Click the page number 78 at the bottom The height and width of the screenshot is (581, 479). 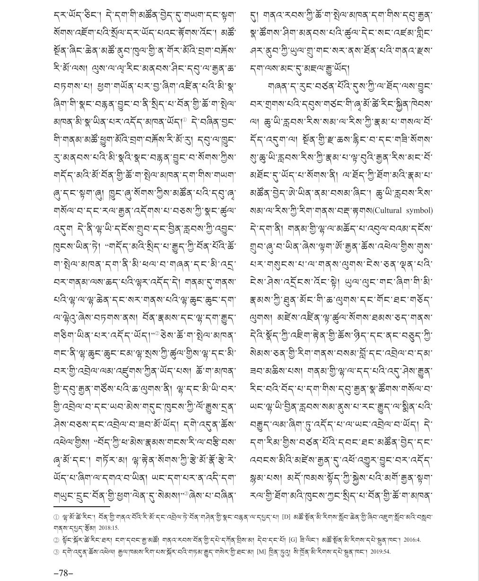[63, 573]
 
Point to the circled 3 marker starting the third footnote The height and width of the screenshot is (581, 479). [56, 551]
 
